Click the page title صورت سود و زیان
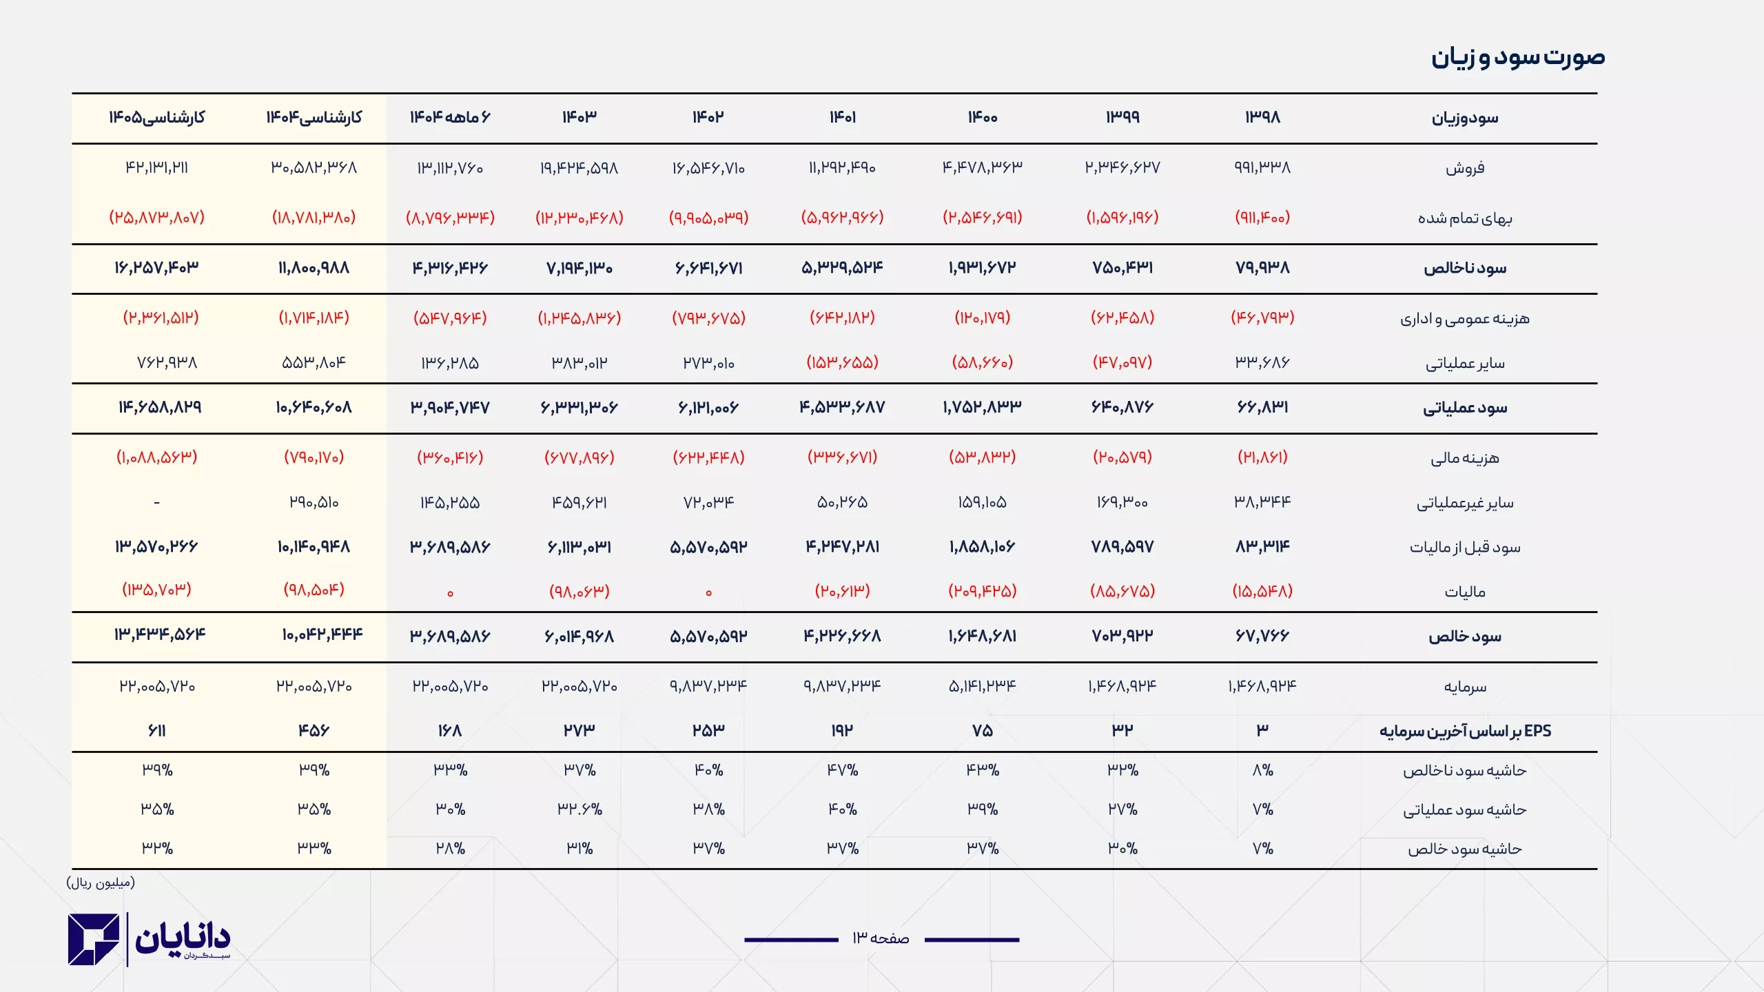coord(1517,56)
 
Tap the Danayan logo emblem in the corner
coord(94,939)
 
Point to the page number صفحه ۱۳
coord(881,938)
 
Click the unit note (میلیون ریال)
coord(101,882)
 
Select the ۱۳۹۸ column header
coord(1262,117)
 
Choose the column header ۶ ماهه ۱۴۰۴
coord(450,117)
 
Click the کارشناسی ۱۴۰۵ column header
coord(157,117)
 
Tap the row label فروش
coord(1465,168)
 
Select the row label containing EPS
coord(1465,731)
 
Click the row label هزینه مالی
coord(1465,458)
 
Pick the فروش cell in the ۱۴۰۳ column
coord(579,168)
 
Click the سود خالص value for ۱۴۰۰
coord(982,636)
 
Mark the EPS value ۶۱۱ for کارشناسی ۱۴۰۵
coord(157,731)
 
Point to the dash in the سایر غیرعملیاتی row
coord(157,503)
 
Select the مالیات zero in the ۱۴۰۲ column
coord(708,592)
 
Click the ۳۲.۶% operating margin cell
coord(579,809)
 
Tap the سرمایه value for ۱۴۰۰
coord(982,686)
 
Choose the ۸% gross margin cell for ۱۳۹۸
coord(1262,770)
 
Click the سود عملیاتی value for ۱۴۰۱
coord(842,408)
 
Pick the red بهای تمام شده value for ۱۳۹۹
coord(1122,218)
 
